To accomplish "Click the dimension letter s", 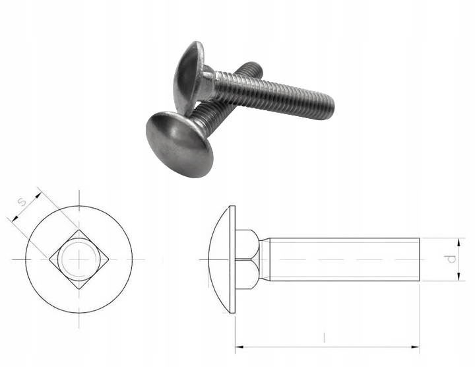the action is tap(22, 201).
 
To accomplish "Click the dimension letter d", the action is tap(451, 259).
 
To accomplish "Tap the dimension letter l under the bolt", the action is tap(324, 337).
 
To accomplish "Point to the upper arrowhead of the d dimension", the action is tap(459, 242).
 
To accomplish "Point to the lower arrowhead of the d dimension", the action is tap(459, 277).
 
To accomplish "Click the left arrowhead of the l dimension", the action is tap(239, 347).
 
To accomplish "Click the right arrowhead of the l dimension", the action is tap(415, 347).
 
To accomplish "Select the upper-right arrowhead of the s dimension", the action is tap(38, 195).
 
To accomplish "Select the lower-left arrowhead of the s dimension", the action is tap(15, 218).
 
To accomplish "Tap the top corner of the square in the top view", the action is tap(79, 230).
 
